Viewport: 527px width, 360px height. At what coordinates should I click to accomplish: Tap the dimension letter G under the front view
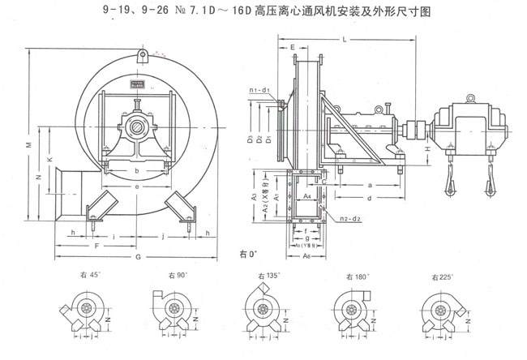(139, 257)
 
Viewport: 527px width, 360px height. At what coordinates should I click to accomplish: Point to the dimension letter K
(50, 160)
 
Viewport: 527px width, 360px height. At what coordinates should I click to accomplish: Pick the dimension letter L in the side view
(345, 39)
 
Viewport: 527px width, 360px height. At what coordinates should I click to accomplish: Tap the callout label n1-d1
(259, 88)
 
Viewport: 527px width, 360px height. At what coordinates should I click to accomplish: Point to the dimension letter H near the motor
(428, 149)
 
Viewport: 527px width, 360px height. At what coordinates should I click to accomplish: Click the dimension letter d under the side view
(369, 197)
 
